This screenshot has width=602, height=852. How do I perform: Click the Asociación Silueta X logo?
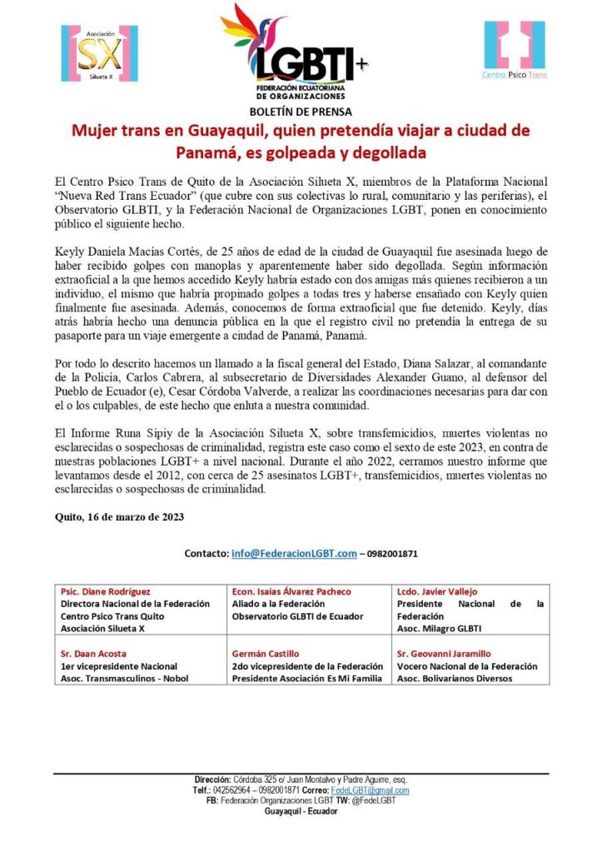pyautogui.click(x=99, y=53)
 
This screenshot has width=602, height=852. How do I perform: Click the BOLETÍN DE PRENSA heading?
pyautogui.click(x=301, y=112)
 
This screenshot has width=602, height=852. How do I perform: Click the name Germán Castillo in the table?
pyautogui.click(x=266, y=654)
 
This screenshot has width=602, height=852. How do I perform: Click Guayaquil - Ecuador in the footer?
pyautogui.click(x=301, y=811)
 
